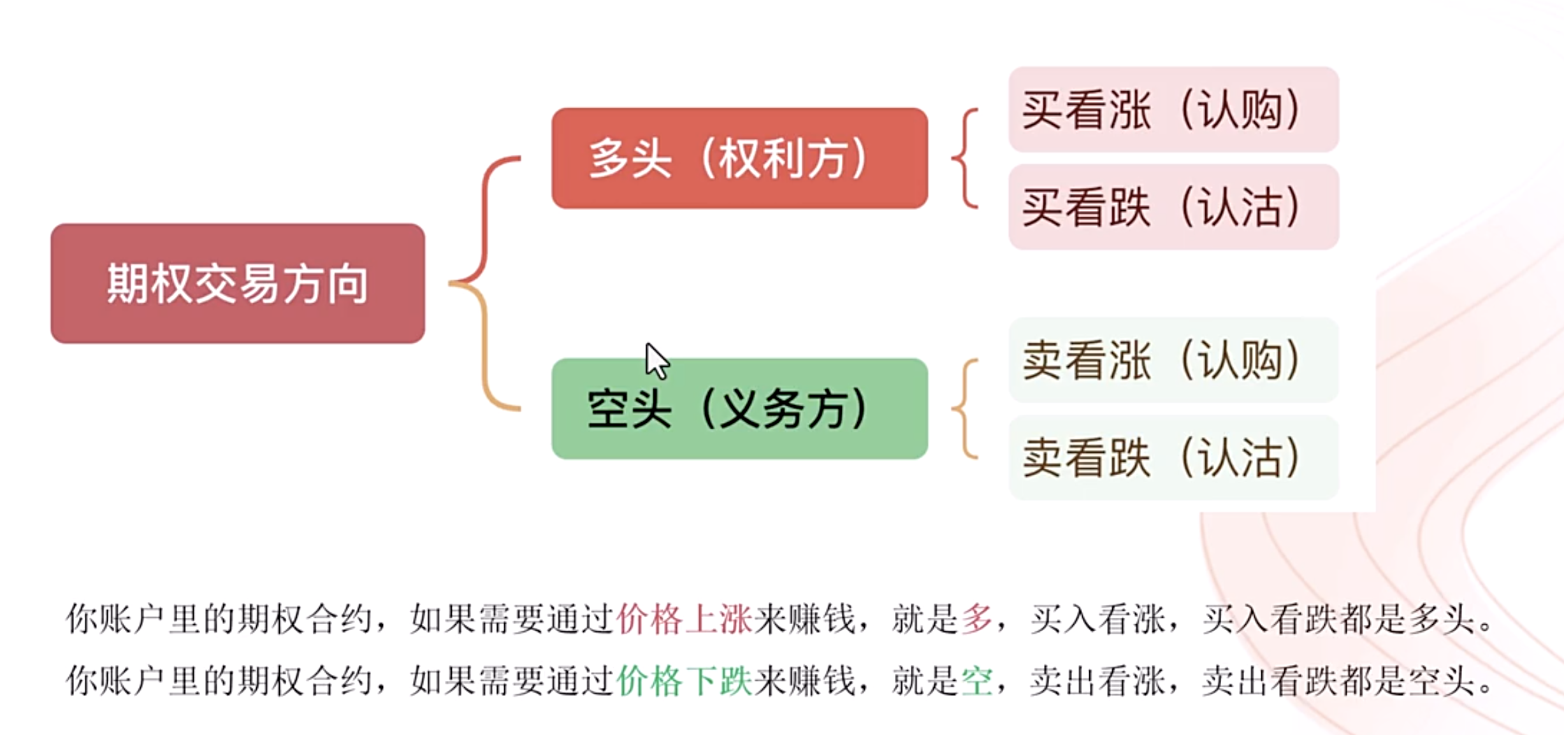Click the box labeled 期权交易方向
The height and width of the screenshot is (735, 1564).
click(x=237, y=283)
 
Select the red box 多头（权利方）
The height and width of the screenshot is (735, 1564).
click(x=739, y=158)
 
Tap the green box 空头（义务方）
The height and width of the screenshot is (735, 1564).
click(x=739, y=409)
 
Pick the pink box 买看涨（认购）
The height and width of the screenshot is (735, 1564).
click(x=1173, y=110)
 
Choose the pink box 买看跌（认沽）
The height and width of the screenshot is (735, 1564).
click(x=1173, y=207)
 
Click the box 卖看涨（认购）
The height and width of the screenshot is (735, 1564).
click(x=1173, y=360)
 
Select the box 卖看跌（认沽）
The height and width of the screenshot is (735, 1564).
click(x=1173, y=457)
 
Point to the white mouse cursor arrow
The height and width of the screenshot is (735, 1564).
click(x=655, y=359)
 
